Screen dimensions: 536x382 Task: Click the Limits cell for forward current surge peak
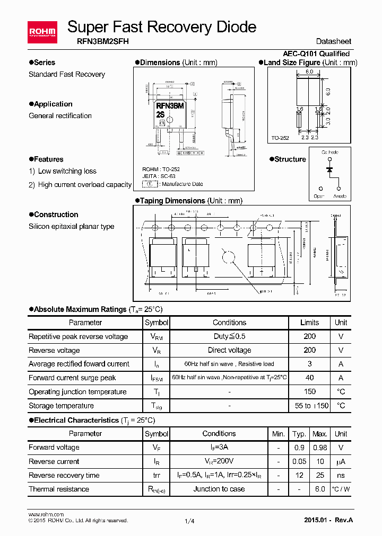point(309,378)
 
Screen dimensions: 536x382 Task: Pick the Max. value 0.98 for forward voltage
point(319,448)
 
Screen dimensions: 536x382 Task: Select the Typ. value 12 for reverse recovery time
point(299,475)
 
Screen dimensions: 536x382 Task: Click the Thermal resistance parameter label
point(59,489)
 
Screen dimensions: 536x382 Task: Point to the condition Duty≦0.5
point(229,336)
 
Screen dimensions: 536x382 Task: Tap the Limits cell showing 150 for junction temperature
point(309,391)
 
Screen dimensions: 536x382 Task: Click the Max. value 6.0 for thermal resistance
point(319,489)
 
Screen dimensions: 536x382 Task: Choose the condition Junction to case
point(219,489)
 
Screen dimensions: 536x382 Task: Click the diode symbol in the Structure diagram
point(329,170)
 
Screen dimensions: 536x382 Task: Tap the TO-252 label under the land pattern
point(280,138)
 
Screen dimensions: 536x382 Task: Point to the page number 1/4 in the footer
point(189,521)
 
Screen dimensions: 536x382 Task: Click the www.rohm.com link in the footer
point(46,514)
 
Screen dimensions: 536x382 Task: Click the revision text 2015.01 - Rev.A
point(328,520)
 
